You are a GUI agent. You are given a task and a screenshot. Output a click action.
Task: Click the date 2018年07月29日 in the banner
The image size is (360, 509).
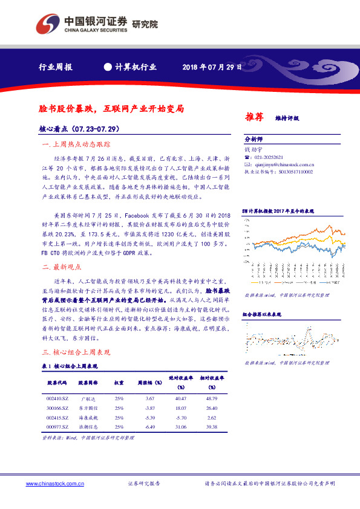pos(212,67)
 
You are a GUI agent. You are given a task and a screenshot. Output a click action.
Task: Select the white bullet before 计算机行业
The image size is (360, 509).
pos(108,67)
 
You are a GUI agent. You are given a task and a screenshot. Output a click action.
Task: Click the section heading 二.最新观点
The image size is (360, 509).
pos(62,267)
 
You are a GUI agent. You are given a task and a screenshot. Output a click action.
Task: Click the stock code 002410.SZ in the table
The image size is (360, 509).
pos(57,398)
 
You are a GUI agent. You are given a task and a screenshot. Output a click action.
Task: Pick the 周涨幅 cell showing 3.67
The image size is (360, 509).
pos(151,398)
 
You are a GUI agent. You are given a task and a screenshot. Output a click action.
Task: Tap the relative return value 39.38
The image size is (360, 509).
pos(212,427)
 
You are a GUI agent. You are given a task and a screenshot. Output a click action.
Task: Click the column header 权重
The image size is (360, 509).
pos(119,382)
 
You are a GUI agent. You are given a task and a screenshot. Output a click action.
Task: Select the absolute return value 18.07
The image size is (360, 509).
pos(180,408)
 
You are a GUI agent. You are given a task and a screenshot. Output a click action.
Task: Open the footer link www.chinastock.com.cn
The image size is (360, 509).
pos(52,484)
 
